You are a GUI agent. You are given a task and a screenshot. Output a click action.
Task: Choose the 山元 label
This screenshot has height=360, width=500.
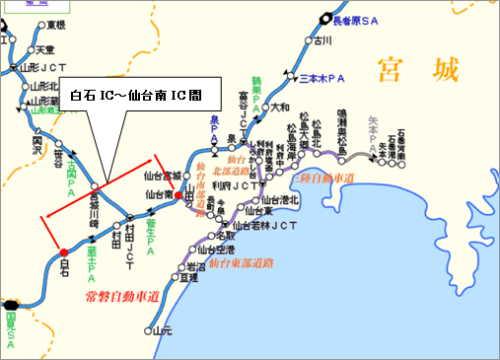click(163, 329)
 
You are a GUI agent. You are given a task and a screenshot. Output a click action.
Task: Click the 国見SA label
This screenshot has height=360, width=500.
click(11, 325)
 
